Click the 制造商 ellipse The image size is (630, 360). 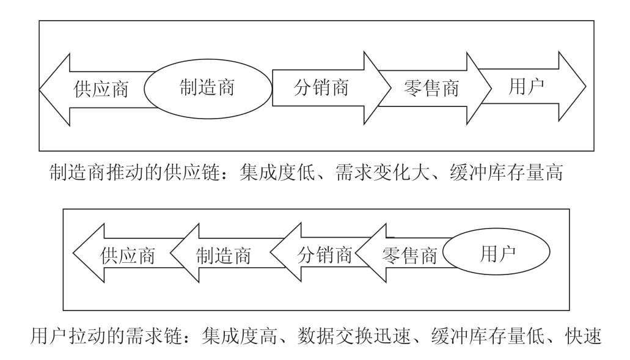coord(207,87)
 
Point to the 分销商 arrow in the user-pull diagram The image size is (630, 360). coord(318,255)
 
